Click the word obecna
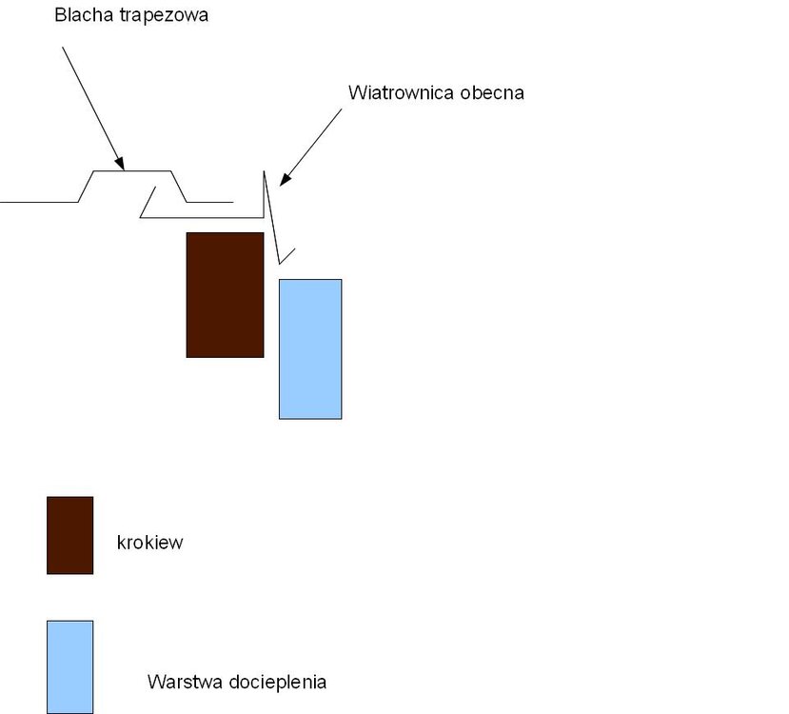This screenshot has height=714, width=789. pos(492,93)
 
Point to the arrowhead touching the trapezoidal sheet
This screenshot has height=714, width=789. pos(120,164)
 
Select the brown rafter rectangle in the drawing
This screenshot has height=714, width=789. pos(225,294)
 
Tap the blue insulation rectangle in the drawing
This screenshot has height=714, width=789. pos(310,348)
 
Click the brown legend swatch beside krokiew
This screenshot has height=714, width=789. pos(70,535)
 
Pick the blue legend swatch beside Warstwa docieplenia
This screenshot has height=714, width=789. pos(70,666)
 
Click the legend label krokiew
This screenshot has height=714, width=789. pos(149,544)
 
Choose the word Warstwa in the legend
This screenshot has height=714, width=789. pos(181,682)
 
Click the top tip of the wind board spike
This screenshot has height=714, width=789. pos(265,172)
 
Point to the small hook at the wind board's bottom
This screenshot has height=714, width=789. pos(286,255)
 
